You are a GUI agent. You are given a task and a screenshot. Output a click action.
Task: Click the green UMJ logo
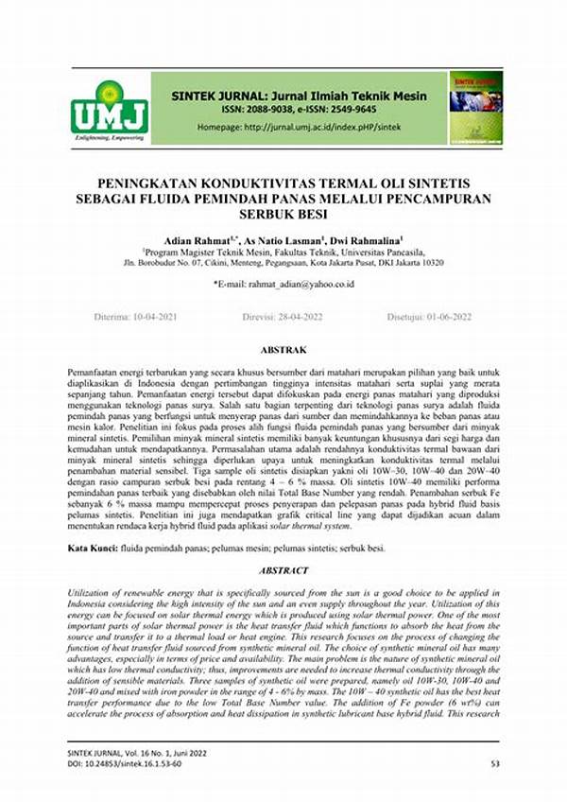click(109, 108)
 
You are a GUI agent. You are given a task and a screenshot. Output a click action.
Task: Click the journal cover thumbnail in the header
click(474, 107)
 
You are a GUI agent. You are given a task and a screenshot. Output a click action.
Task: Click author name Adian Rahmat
click(196, 240)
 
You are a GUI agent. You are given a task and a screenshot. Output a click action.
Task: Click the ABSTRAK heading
click(283, 348)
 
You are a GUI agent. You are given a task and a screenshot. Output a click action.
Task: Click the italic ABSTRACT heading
click(283, 570)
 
